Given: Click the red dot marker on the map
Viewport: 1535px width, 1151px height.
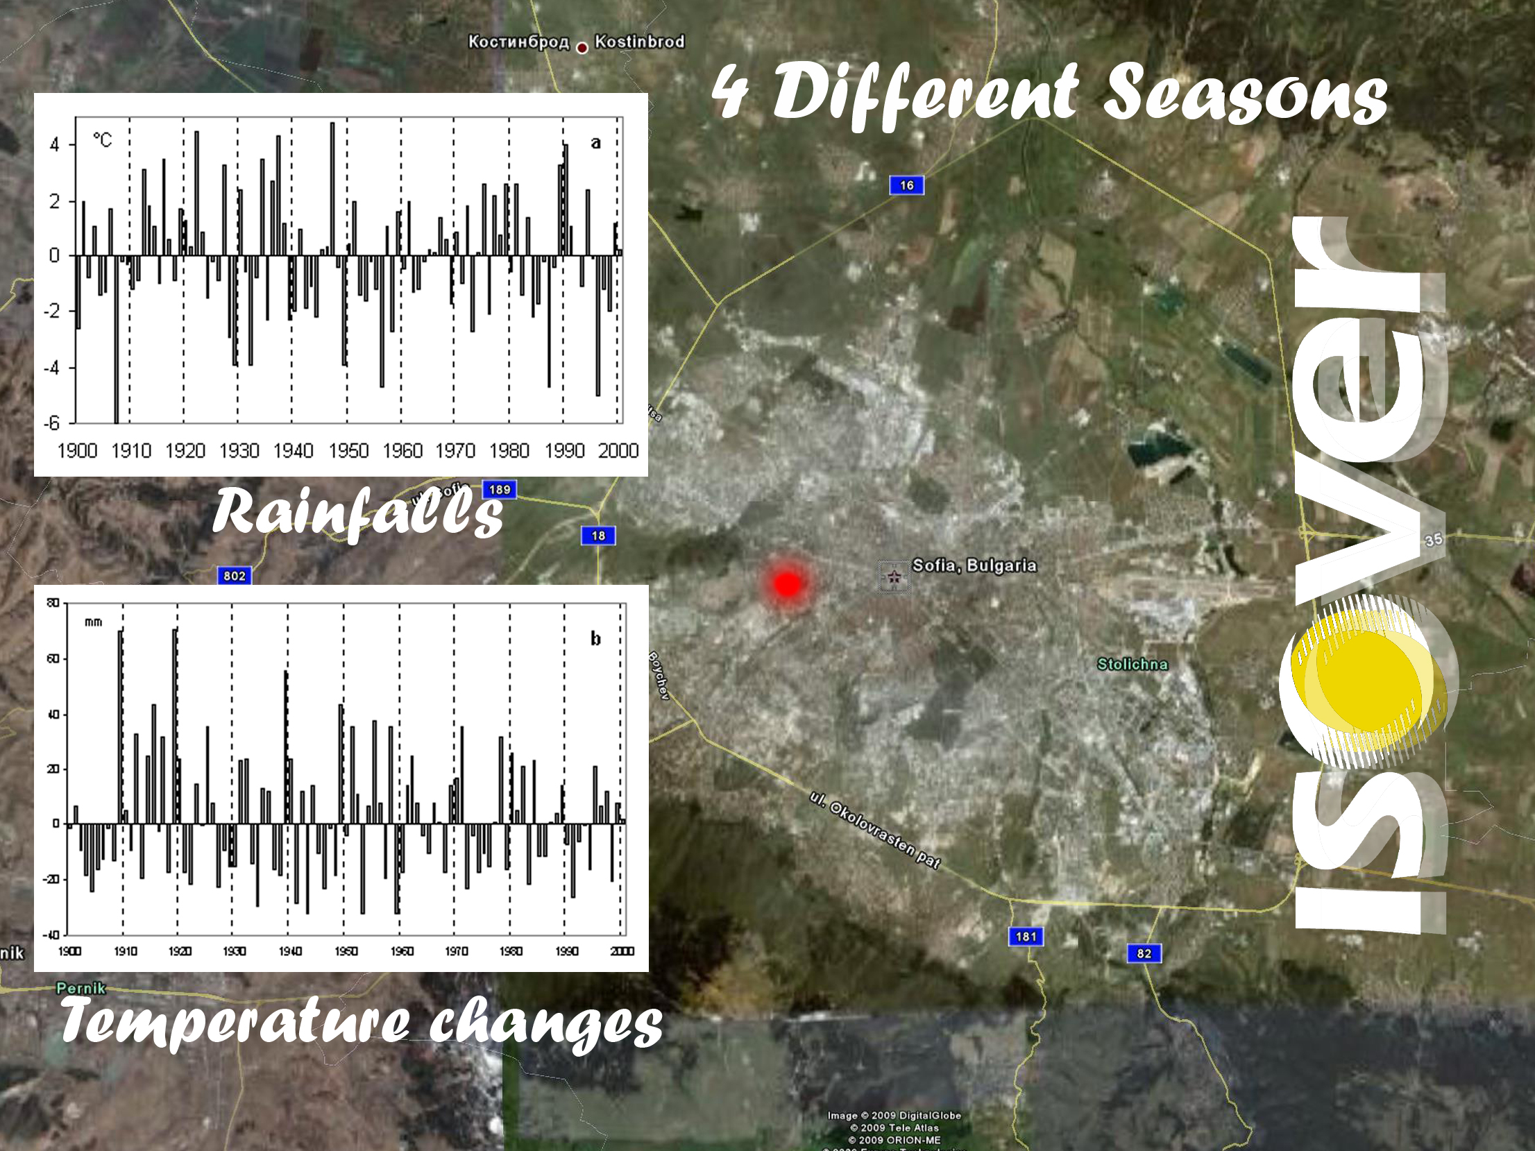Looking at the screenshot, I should click(786, 584).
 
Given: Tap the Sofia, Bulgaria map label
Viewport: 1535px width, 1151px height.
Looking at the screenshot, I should click(974, 565).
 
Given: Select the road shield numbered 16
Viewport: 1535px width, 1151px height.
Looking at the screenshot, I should click(906, 185).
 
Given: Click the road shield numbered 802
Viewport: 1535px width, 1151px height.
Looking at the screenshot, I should click(235, 576).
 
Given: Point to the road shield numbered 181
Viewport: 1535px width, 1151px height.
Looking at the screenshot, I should click(1026, 937).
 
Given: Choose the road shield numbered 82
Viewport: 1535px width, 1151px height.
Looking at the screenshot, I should click(1144, 953).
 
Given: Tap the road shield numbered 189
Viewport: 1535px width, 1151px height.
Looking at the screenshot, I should click(500, 490).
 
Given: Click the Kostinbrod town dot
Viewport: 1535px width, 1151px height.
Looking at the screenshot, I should click(582, 48).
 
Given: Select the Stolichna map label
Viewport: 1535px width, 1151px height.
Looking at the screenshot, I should click(1132, 664).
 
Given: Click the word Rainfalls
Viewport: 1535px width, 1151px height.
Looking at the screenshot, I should click(357, 513).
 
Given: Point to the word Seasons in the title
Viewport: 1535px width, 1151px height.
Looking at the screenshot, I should click(1246, 94).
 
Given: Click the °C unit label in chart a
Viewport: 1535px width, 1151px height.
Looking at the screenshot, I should click(102, 140).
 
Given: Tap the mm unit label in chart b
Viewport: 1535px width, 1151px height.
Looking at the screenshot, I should click(93, 622).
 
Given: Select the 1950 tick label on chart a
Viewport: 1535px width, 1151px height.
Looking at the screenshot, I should click(348, 451).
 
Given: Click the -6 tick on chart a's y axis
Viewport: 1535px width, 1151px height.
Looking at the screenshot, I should click(53, 423).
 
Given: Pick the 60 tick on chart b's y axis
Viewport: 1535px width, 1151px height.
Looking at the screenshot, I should click(53, 658).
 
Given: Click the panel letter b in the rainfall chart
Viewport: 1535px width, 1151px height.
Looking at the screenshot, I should click(595, 638).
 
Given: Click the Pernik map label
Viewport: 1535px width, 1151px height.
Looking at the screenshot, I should click(81, 987).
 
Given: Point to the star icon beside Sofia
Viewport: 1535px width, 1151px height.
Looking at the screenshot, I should click(894, 577).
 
